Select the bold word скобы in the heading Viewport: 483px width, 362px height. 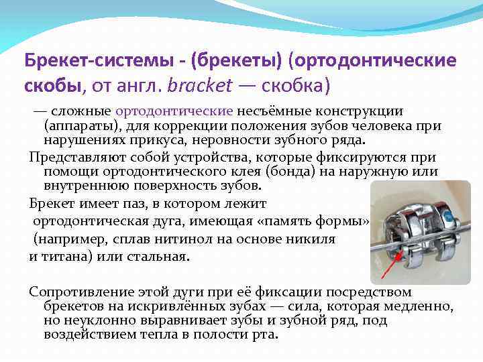click(x=51, y=87)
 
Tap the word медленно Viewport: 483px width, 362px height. click(x=419, y=306)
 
